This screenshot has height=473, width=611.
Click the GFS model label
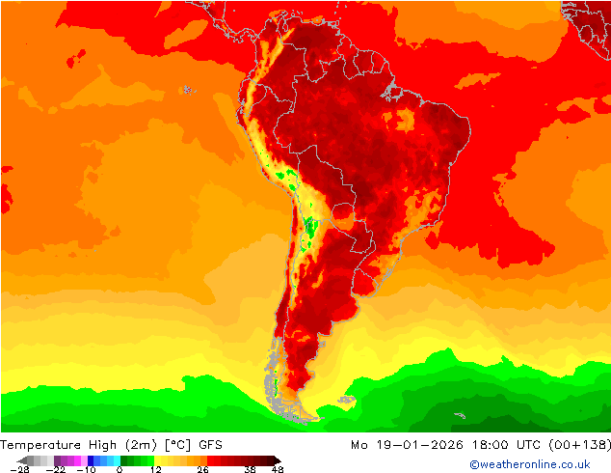tap(211, 445)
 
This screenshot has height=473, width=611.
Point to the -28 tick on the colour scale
tap(19, 469)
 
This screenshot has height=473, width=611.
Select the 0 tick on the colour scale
tap(120, 469)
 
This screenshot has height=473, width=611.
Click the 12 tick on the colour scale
tap(155, 469)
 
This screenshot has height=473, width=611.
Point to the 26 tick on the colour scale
tap(202, 469)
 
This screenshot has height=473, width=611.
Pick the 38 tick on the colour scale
tap(250, 469)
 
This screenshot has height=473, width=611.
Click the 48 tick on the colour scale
tap(278, 469)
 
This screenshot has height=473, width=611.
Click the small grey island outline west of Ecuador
tap(186, 90)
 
